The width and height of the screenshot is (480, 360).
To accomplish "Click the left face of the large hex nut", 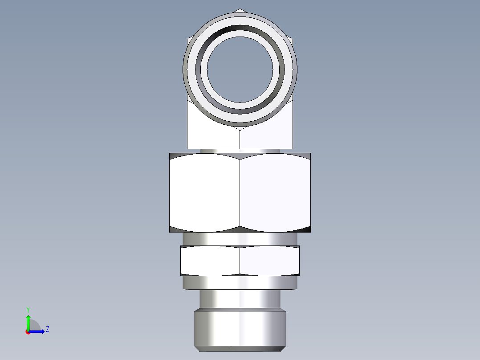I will coord(205,192).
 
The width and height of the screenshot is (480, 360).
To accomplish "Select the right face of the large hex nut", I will coord(275,192).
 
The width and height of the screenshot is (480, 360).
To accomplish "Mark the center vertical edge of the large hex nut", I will coord(240,192).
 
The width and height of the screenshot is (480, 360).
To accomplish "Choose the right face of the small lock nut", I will coord(269,261).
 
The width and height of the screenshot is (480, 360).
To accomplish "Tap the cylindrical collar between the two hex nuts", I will coord(240,239).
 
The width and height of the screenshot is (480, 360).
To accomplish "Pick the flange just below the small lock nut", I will coord(240,282).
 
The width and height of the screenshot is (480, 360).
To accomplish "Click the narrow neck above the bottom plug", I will coord(240,299).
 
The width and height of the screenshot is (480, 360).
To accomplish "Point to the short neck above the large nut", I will coord(240,151).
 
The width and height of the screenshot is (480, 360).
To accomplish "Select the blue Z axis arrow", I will coord(38,331).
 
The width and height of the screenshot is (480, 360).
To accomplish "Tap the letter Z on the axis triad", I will coord(47,330).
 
